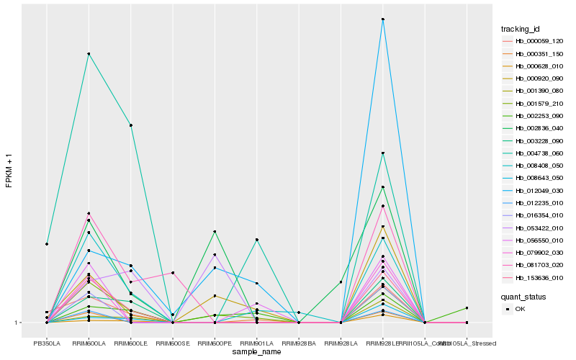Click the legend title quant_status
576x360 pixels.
(x=523, y=296)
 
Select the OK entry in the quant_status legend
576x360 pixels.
(x=521, y=308)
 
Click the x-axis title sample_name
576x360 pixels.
(x=257, y=352)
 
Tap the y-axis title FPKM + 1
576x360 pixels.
(x=9, y=170)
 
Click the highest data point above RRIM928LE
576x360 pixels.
(x=383, y=19)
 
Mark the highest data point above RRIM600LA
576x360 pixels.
(x=89, y=54)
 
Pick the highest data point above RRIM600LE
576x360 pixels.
(x=130, y=125)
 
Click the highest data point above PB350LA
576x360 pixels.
(x=47, y=244)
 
